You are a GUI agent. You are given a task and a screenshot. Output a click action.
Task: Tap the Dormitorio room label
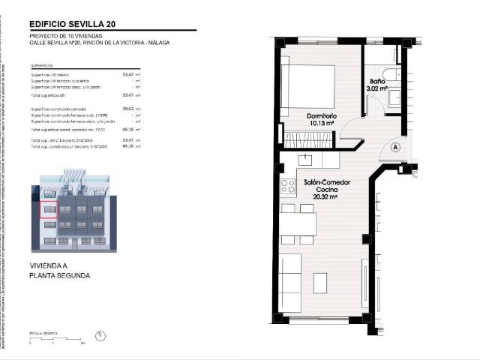click(321, 116)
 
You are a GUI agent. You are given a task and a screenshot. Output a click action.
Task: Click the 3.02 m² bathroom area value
click(376, 88)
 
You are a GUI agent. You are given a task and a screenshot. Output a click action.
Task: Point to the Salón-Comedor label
click(325, 182)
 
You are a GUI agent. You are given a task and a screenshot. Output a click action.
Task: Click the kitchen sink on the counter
click(305, 159)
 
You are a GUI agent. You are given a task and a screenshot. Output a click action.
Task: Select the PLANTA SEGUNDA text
click(59, 276)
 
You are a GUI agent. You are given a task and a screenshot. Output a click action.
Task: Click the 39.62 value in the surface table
click(127, 109)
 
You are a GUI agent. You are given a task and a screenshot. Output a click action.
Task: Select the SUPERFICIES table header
click(40, 65)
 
